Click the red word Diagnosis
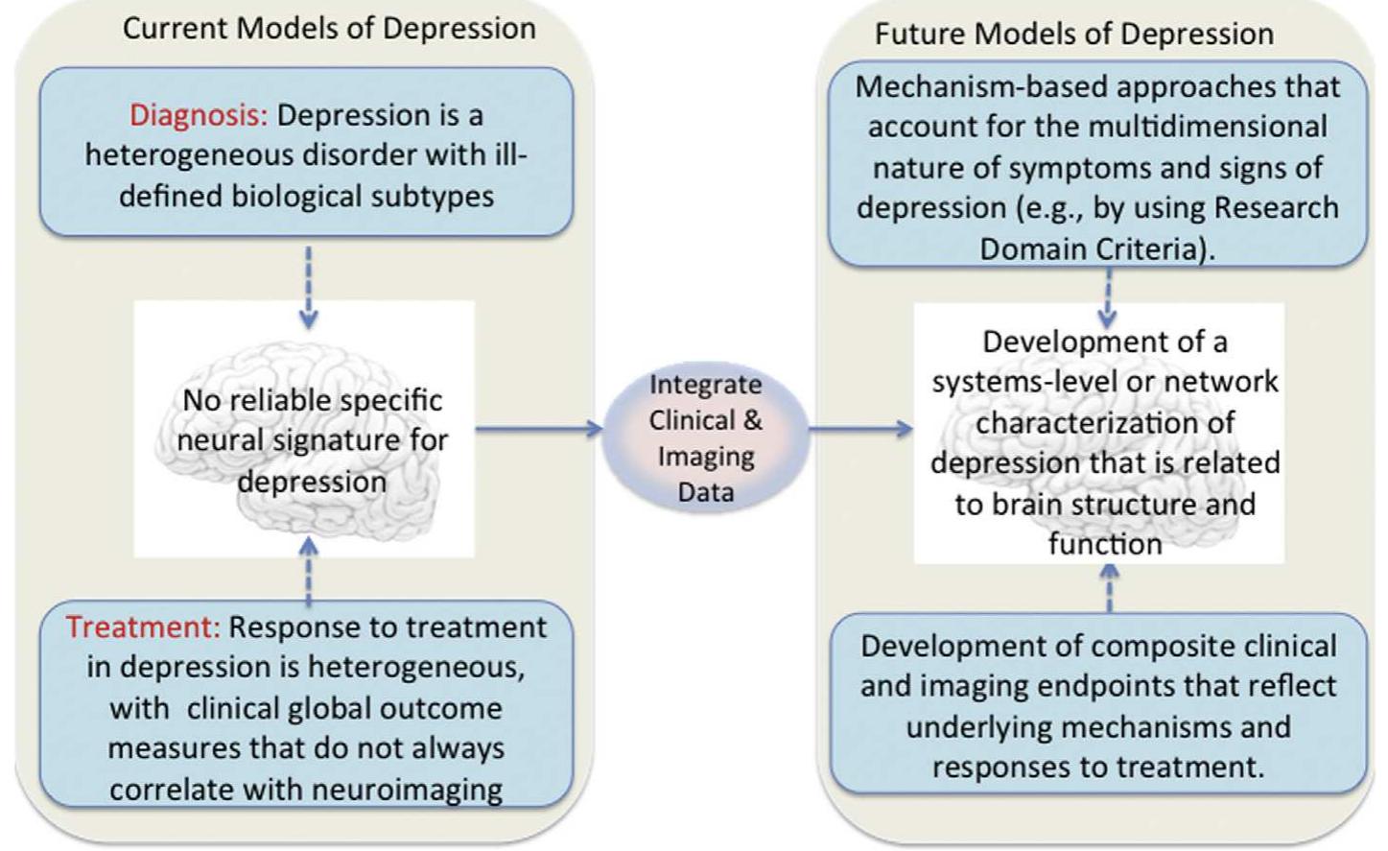click(x=199, y=115)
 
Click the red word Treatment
click(x=143, y=626)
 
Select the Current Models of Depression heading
click(x=329, y=28)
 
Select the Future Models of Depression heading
click(x=1073, y=34)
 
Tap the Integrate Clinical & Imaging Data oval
click(x=706, y=437)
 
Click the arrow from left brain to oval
click(x=538, y=428)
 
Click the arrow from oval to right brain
click(x=860, y=428)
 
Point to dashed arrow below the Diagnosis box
click(x=308, y=286)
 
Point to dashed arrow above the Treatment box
click(x=308, y=572)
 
